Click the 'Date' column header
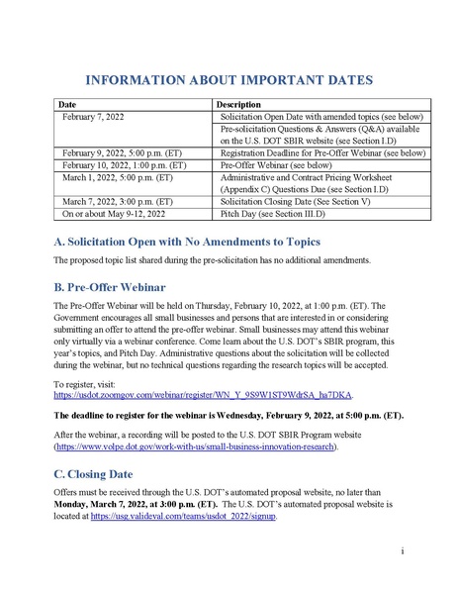pos(67,104)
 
